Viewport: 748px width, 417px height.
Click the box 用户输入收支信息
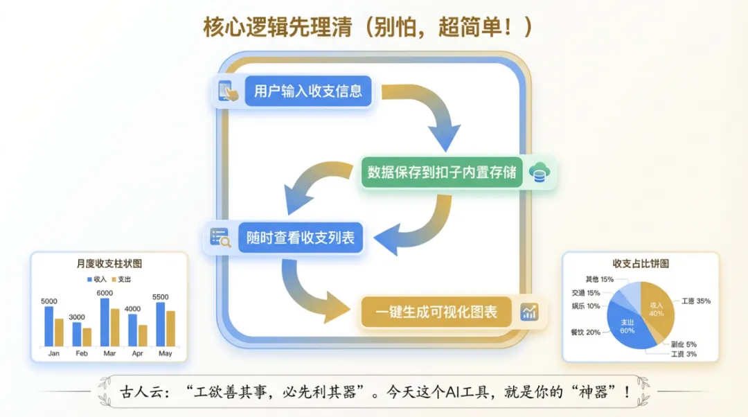coord(308,91)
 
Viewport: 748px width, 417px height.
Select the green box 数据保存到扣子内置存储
coord(442,172)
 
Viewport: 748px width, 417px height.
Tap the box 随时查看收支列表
coord(301,238)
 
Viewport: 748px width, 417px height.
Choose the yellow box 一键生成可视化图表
coord(436,312)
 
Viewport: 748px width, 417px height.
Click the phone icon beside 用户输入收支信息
coord(226,91)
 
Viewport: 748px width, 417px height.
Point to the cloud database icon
coord(537,172)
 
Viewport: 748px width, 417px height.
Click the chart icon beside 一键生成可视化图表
coord(529,312)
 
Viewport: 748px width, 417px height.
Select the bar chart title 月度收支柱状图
coord(109,264)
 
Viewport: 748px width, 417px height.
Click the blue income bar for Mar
coord(105,323)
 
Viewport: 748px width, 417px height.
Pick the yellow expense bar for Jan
coord(59,332)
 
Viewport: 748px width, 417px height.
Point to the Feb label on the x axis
coord(82,353)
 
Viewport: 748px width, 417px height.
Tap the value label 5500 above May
coord(160,297)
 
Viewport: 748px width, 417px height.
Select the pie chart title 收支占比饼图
coord(641,264)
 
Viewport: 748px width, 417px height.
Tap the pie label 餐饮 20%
coord(585,332)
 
